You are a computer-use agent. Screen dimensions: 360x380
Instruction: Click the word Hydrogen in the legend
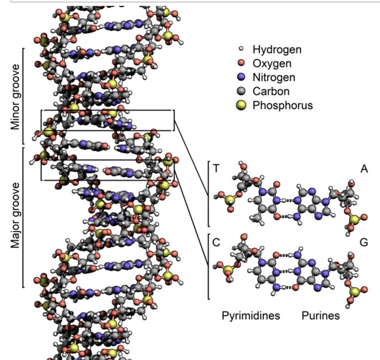tap(277, 49)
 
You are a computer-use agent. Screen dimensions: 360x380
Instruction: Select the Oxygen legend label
tap(272, 63)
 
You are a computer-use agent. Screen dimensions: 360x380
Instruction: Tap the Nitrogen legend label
tap(274, 77)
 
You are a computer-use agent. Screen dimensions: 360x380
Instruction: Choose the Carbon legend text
tap(271, 91)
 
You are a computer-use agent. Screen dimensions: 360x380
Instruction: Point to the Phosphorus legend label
tap(282, 105)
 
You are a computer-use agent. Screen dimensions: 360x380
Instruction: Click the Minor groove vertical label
tap(16, 97)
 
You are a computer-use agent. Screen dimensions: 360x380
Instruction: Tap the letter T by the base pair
tap(216, 168)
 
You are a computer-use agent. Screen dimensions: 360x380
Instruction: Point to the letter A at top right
tap(363, 168)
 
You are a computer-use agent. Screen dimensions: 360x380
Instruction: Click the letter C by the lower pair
tap(216, 242)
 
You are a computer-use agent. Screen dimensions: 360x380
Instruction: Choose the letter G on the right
tap(363, 242)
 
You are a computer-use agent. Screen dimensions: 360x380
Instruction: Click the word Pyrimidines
tap(251, 316)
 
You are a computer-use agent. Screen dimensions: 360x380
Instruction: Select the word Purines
tap(320, 316)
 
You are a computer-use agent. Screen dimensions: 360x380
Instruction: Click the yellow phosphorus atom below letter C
tap(227, 270)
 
